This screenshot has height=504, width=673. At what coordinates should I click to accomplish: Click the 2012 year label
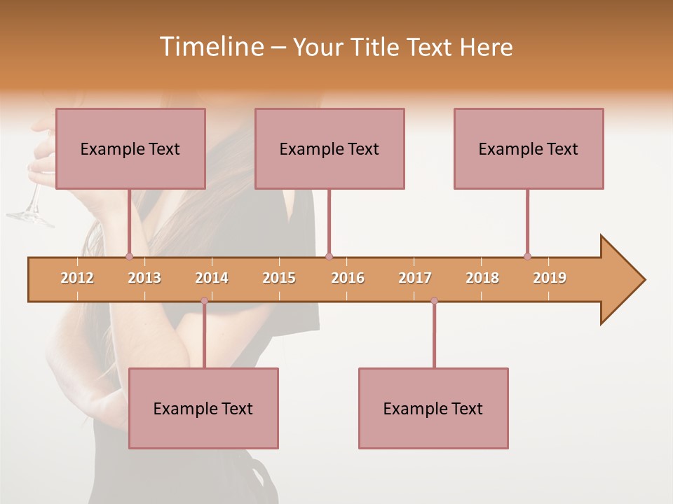click(77, 278)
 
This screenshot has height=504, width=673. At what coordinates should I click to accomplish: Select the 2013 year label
click(144, 278)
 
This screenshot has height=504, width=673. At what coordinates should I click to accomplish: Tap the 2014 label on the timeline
click(212, 278)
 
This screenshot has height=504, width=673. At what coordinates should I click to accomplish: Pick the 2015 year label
click(279, 278)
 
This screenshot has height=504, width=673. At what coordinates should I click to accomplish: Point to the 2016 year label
click(348, 278)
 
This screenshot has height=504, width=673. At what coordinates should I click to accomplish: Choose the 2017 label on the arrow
click(415, 278)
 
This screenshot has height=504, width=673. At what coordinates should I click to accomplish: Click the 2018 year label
click(482, 278)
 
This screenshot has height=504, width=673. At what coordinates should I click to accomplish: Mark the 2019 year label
click(550, 278)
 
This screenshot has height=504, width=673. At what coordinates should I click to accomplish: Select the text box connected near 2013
click(130, 148)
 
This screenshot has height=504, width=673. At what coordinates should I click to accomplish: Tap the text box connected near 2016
click(329, 148)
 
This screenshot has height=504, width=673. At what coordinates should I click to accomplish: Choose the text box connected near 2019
click(529, 148)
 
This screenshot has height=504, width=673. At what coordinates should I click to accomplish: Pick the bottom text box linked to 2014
click(203, 408)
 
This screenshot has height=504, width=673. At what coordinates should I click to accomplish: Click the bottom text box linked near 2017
click(433, 408)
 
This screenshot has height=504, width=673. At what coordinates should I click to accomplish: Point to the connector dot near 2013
click(129, 256)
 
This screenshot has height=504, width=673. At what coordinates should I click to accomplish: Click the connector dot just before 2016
click(329, 256)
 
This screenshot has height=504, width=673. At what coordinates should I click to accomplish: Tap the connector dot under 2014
click(204, 301)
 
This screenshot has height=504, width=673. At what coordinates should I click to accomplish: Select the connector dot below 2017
click(434, 301)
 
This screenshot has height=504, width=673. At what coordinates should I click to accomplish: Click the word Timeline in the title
click(211, 47)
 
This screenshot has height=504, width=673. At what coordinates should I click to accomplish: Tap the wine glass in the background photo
click(32, 206)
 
